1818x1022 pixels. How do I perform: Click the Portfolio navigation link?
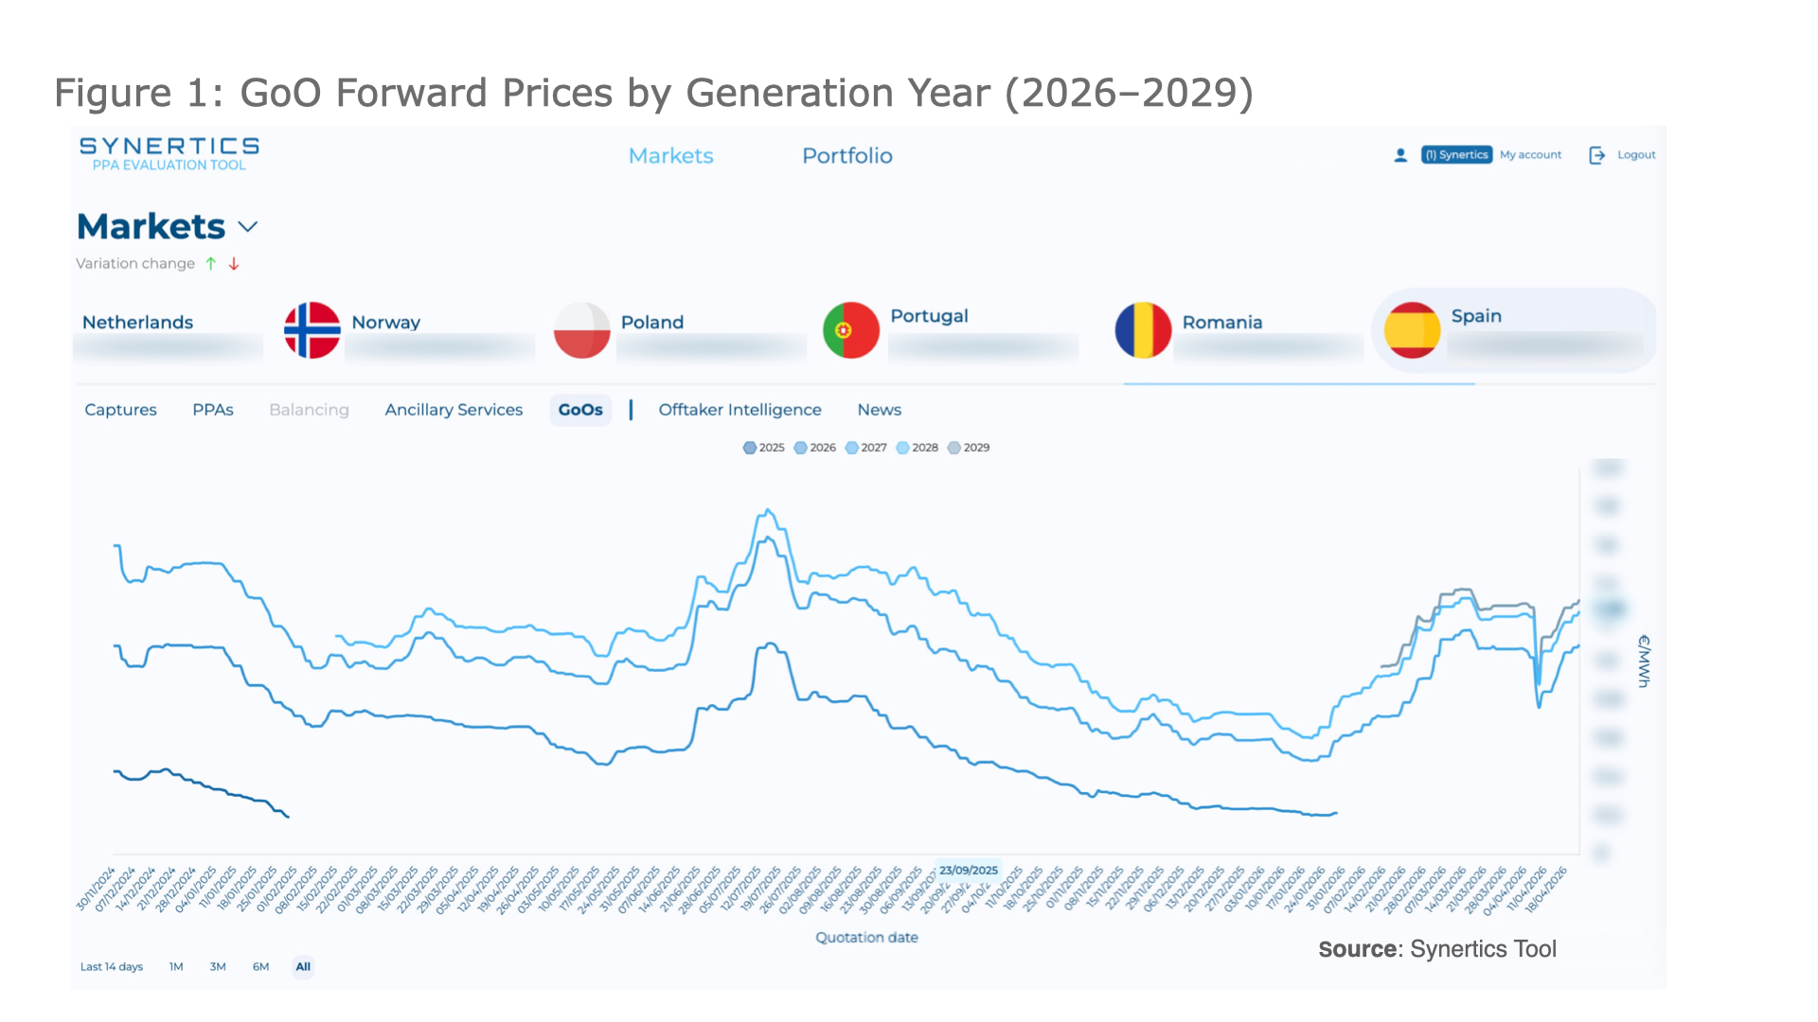tap(847, 156)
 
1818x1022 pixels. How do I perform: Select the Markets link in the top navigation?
tap(670, 156)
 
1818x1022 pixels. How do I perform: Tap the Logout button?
tap(1623, 155)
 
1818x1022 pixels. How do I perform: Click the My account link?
tap(1530, 155)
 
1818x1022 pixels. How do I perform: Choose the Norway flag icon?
tap(312, 330)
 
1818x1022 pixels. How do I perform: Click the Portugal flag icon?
tap(850, 330)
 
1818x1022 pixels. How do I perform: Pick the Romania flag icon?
tap(1143, 330)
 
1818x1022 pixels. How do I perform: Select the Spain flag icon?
tap(1412, 330)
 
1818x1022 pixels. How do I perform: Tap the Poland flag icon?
tap(581, 330)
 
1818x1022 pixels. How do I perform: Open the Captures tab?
tap(120, 410)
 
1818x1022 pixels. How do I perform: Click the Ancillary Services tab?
tap(454, 410)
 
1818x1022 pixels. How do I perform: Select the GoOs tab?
tap(579, 410)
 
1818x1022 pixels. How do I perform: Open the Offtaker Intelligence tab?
tap(740, 410)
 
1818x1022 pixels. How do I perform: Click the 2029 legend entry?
tap(969, 448)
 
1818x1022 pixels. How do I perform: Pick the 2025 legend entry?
tap(764, 448)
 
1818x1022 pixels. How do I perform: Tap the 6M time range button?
tap(260, 967)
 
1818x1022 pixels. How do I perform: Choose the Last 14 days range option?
tap(111, 967)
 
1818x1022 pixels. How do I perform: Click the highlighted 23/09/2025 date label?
tap(968, 871)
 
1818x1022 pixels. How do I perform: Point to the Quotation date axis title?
tap(866, 938)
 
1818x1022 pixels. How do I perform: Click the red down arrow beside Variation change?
tap(234, 264)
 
